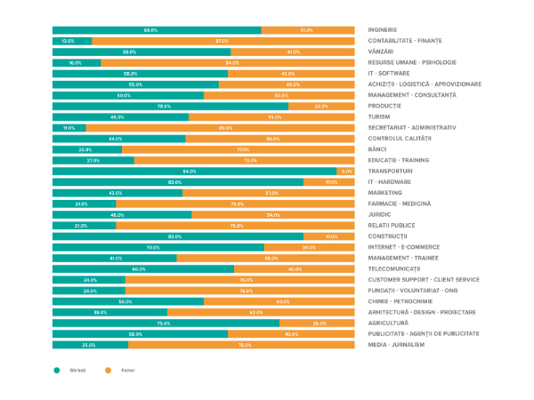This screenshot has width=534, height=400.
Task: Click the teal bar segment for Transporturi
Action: pyautogui.click(x=194, y=171)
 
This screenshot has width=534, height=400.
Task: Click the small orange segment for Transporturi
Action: pyautogui.click(x=345, y=171)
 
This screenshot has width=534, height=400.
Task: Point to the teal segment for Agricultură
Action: pyautogui.click(x=166, y=323)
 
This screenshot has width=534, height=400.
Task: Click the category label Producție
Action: pyautogui.click(x=384, y=106)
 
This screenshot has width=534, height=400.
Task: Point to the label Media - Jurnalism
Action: pyautogui.click(x=397, y=345)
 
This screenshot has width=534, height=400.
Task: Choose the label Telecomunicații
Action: pyautogui.click(x=397, y=268)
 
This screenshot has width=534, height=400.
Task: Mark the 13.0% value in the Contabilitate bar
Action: pyautogui.click(x=68, y=41)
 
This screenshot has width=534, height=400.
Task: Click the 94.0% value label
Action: pyautogui.click(x=190, y=171)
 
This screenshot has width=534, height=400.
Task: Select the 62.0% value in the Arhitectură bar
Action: pyautogui.click(x=255, y=312)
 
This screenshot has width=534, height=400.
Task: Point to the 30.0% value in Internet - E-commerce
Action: pyautogui.click(x=309, y=247)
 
